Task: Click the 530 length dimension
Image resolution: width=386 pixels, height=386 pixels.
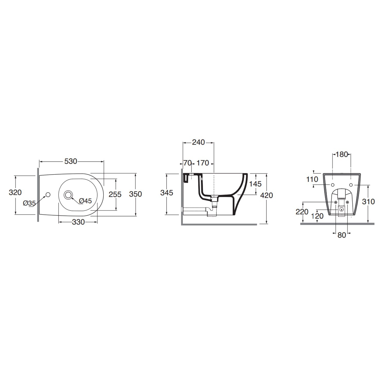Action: (71, 161)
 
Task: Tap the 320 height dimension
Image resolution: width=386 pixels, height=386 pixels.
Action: (15, 192)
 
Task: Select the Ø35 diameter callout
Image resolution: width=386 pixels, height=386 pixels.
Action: (29, 203)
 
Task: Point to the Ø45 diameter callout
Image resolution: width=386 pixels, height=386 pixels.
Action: (85, 201)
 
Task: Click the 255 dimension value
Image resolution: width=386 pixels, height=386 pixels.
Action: (115, 194)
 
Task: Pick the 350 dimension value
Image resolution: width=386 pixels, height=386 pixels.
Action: (136, 194)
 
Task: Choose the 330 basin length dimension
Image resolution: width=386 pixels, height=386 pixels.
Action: (78, 222)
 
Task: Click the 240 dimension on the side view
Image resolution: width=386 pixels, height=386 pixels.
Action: (198, 142)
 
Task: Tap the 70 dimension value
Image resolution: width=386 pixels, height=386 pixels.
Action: (188, 163)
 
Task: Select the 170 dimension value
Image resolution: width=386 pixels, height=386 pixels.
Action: (203, 163)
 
